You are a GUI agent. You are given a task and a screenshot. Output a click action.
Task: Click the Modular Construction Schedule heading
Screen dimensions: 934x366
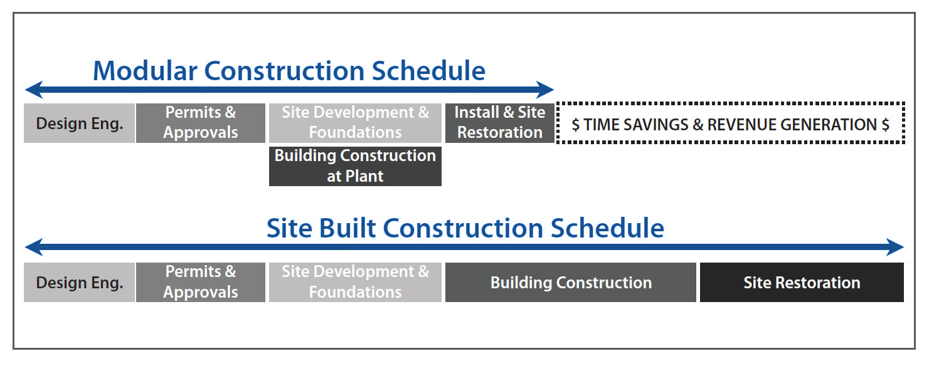click(x=289, y=70)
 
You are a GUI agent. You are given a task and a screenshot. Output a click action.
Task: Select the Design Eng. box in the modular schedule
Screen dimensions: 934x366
click(x=79, y=123)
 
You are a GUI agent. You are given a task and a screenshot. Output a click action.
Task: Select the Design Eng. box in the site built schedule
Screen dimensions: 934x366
click(x=79, y=282)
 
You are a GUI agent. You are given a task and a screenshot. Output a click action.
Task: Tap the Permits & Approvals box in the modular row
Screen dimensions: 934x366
click(x=201, y=123)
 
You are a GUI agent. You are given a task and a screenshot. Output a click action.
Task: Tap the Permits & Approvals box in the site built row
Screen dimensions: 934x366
click(x=201, y=282)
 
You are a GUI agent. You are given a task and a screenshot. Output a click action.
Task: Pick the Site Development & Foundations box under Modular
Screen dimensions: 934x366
click(x=355, y=123)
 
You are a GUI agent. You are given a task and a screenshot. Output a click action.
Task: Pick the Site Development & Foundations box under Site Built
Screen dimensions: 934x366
click(x=355, y=282)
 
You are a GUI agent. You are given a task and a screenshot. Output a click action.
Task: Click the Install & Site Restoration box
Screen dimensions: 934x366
click(x=500, y=123)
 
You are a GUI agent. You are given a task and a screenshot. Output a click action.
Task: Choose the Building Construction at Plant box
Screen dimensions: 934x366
click(x=355, y=166)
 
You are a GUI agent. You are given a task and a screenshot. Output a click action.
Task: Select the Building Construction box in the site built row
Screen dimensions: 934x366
click(x=571, y=282)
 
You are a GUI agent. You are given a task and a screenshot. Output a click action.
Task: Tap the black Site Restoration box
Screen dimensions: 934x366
click(x=802, y=282)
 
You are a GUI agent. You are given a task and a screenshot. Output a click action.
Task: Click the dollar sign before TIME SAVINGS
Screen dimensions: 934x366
click(x=575, y=125)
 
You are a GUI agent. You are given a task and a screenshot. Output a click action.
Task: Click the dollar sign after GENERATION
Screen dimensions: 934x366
click(x=886, y=125)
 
